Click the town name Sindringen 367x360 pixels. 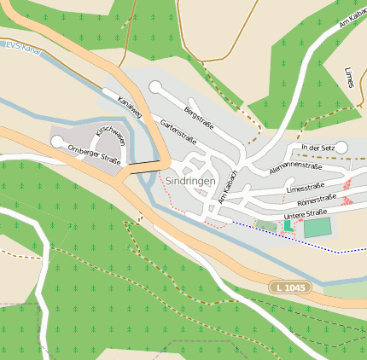click(x=191, y=181)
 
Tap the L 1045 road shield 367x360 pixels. click(x=289, y=287)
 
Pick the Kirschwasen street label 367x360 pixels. click(x=110, y=136)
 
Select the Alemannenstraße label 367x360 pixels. click(x=294, y=167)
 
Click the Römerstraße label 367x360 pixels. click(x=315, y=200)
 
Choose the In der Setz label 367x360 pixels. click(x=315, y=148)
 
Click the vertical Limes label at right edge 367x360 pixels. click(x=348, y=76)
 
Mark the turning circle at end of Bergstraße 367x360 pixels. click(x=154, y=86)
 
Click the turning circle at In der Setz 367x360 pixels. click(x=341, y=148)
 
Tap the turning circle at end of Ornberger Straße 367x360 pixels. click(x=57, y=142)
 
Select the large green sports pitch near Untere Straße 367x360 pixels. click(x=317, y=228)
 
